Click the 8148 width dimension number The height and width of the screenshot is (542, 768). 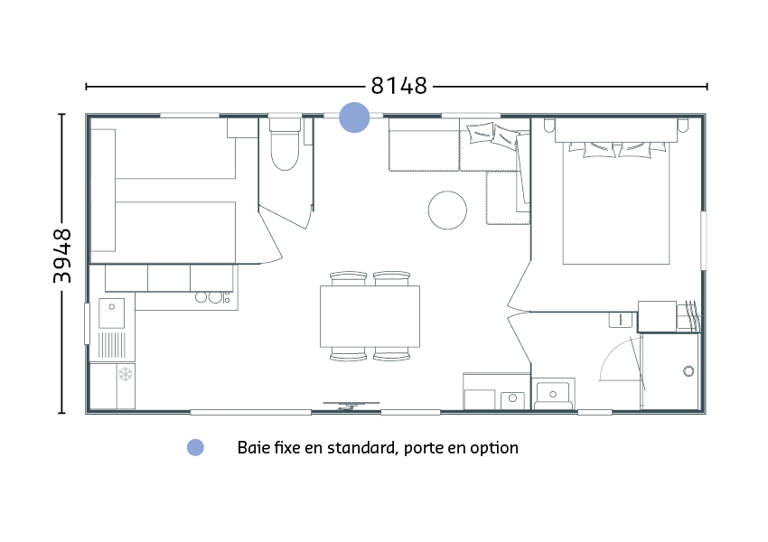click(398, 86)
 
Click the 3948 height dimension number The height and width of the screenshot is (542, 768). click(62, 256)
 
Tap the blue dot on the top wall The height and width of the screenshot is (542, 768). click(354, 117)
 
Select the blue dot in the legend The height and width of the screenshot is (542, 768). click(195, 447)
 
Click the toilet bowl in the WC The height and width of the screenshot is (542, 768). click(285, 150)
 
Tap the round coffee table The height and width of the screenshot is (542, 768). click(447, 210)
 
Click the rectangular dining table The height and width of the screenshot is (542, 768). click(370, 316)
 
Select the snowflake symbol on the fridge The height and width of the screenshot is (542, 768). click(126, 374)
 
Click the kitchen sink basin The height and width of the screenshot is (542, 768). click(112, 313)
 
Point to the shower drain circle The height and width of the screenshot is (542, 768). click(688, 371)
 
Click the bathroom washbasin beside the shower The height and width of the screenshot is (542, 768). click(553, 394)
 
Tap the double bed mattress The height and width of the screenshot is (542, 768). click(616, 202)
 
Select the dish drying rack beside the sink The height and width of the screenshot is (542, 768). click(112, 345)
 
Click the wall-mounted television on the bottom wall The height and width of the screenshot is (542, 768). click(351, 406)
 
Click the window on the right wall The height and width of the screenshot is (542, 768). click(703, 240)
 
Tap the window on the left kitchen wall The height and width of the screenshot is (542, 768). click(87, 323)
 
